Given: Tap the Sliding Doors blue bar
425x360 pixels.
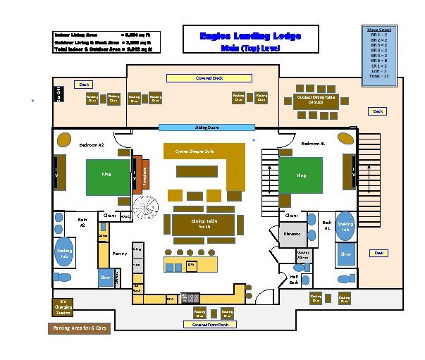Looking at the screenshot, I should tap(206, 128).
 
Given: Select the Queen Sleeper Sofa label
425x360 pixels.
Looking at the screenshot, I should tap(194, 151).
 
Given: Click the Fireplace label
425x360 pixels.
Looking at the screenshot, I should tap(144, 173).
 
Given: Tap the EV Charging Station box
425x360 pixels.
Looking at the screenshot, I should tap(61, 307).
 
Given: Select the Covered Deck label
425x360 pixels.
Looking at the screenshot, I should tap(209, 78).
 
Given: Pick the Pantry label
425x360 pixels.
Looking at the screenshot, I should tap(119, 252).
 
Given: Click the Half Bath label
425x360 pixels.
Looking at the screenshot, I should tap(295, 280).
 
